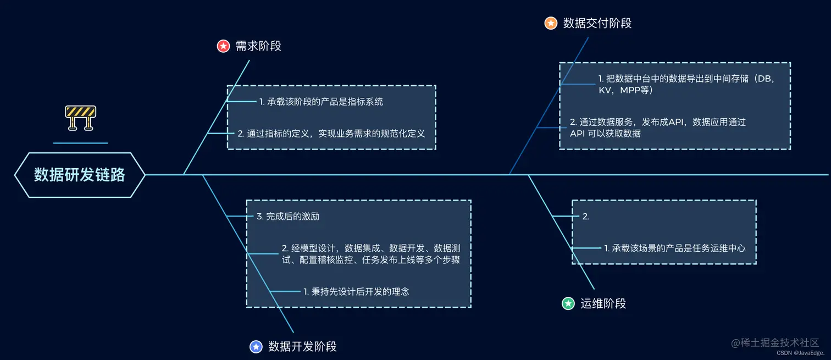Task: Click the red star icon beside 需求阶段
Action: (x=223, y=46)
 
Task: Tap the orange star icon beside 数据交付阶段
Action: (x=551, y=23)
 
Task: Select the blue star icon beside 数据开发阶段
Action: (x=256, y=346)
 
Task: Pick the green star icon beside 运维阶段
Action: (x=568, y=303)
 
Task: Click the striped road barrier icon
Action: (x=80, y=117)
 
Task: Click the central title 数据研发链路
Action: (x=80, y=175)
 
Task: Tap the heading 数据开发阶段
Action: (x=302, y=346)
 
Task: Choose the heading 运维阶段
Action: (x=603, y=303)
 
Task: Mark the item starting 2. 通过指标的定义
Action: (x=331, y=133)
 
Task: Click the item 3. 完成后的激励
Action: (x=288, y=217)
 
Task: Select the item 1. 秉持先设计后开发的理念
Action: (x=356, y=291)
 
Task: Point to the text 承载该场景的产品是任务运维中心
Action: (x=674, y=248)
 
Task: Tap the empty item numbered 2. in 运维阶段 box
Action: (x=586, y=217)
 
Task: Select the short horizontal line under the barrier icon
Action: (x=80, y=143)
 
